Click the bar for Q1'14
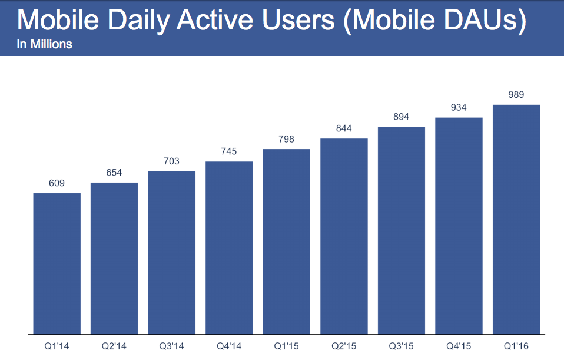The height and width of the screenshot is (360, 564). [x=57, y=263]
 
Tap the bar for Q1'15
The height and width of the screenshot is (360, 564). [x=287, y=242]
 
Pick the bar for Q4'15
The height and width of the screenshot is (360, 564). [x=459, y=226]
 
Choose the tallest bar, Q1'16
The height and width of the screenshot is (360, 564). [x=516, y=219]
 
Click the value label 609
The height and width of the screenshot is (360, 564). [x=57, y=183]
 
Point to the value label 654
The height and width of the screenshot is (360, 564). [x=114, y=173]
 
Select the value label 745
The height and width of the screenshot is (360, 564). [x=229, y=151]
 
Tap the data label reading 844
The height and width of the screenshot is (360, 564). [x=344, y=129]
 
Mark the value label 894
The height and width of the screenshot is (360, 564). [x=402, y=117]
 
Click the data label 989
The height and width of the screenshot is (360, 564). [x=516, y=95]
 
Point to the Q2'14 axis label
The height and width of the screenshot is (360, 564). [x=114, y=346]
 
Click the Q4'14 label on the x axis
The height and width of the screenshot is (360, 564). [x=229, y=346]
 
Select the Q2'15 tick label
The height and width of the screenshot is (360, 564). [x=344, y=346]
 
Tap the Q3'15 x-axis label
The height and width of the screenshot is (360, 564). [x=402, y=346]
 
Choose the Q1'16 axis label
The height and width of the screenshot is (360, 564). [x=516, y=346]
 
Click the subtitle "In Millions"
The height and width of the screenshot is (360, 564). [x=45, y=44]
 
